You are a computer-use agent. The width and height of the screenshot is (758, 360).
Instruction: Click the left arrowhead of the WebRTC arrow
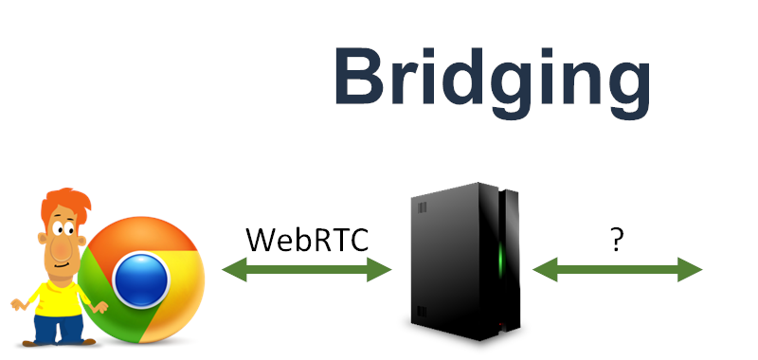click(232, 271)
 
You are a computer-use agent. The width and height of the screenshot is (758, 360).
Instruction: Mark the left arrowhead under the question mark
click(543, 271)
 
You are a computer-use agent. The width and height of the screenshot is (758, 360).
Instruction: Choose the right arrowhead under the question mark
click(693, 271)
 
